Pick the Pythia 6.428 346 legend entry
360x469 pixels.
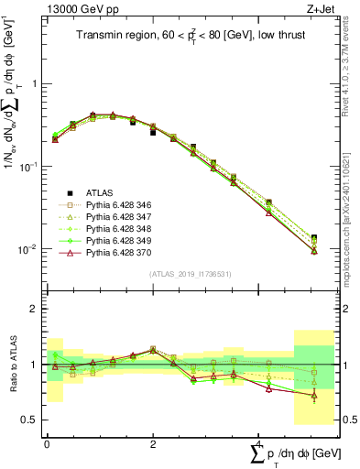point(118,206)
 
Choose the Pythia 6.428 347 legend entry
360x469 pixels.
point(118,218)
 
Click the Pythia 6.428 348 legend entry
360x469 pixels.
point(118,230)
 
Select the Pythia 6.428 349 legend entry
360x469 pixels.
point(118,242)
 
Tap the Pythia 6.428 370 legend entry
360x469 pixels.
point(118,254)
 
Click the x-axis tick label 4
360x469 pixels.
point(259,443)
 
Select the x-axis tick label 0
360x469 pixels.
point(47,443)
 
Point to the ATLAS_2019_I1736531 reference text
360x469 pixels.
point(183,274)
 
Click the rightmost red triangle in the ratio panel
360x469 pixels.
point(314,397)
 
